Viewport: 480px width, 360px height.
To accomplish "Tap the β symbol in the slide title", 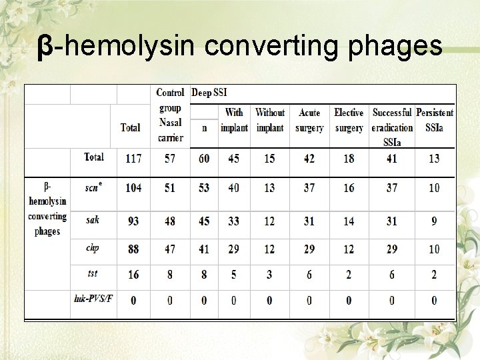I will (x=44, y=47).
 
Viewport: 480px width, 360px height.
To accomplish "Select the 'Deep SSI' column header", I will (x=209, y=92).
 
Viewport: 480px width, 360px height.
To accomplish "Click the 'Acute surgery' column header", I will (x=309, y=120).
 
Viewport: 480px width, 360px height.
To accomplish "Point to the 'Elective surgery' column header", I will (x=349, y=120).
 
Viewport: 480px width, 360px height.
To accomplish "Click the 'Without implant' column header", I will (x=270, y=120).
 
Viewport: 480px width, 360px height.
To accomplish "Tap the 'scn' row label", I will (x=92, y=187).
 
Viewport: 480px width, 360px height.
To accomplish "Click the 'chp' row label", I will (x=92, y=248).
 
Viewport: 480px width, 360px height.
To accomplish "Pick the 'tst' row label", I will (x=92, y=273).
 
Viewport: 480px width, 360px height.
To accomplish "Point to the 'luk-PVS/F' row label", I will (x=93, y=297).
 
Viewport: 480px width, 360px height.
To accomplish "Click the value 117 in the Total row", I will (x=133, y=159).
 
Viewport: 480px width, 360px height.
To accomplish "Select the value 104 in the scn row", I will (x=133, y=188).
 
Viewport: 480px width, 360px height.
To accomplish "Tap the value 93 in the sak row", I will (x=133, y=221).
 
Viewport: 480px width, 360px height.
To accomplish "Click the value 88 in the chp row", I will (x=133, y=249).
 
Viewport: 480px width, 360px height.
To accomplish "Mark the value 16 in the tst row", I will (x=133, y=275).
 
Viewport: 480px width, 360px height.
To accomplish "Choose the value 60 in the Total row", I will (x=204, y=159).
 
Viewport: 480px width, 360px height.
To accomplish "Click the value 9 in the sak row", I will (x=434, y=221).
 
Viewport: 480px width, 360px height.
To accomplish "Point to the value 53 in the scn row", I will (x=204, y=188).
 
